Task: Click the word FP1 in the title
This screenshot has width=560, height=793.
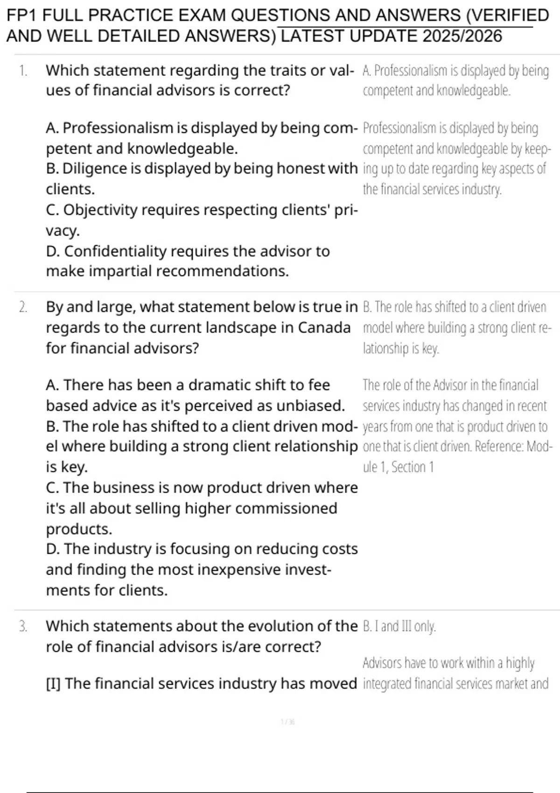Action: [x=22, y=15]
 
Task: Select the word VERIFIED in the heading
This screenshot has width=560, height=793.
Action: [x=512, y=15]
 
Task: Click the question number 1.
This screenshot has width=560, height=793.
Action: [x=22, y=71]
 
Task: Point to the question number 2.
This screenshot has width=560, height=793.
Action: [x=23, y=307]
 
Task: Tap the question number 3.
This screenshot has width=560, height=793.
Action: [x=23, y=626]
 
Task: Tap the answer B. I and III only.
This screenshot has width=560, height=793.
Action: [x=399, y=626]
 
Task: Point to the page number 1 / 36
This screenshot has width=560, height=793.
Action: [x=287, y=722]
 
